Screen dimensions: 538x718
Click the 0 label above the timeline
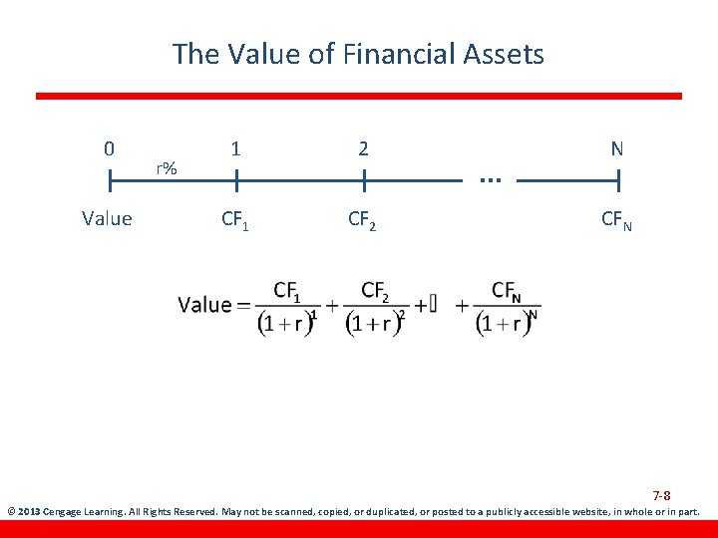click(109, 149)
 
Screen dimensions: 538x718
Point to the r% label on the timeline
click(166, 168)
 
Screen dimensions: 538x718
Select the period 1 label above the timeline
click(235, 149)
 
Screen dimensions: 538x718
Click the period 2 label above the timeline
click(364, 149)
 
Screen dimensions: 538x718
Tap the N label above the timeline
click(617, 149)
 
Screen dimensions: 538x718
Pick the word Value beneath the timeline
click(108, 219)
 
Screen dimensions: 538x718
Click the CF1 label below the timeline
click(235, 220)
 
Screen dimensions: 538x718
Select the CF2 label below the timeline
click(362, 220)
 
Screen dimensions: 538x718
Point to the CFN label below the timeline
click(616, 220)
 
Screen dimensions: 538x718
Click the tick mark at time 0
click(110, 182)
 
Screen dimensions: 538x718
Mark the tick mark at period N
click(618, 182)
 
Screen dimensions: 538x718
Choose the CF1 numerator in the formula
click(287, 291)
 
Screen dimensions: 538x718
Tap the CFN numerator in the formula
click(507, 291)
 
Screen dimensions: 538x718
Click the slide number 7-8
click(661, 495)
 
